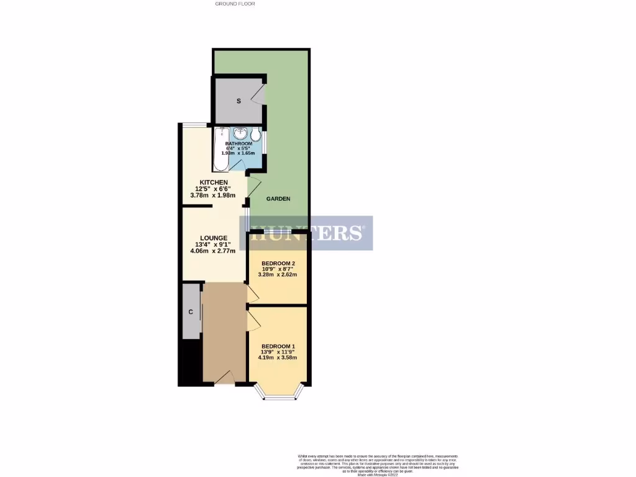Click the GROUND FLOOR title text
235,4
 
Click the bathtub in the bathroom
220,150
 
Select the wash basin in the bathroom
240,134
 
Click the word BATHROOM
238,143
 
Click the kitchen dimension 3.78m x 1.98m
214,195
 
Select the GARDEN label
278,199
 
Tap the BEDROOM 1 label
278,346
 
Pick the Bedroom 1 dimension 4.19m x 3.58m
278,358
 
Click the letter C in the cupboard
191,312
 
